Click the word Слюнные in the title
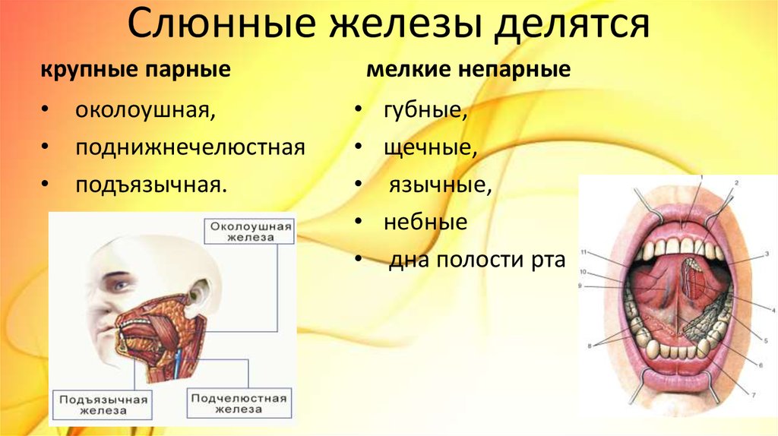(221, 24)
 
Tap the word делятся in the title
(572, 26)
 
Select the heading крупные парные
(135, 69)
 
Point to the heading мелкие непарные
(468, 69)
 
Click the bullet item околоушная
(145, 110)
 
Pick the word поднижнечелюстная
(190, 148)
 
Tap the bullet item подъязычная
(151, 185)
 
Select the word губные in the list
(425, 110)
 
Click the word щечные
(430, 148)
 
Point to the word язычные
(440, 185)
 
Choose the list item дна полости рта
(477, 260)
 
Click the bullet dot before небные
(359, 222)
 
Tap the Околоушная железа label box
(249, 232)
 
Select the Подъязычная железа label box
(103, 405)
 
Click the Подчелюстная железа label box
(239, 404)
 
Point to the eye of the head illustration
(121, 285)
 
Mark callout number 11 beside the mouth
(583, 252)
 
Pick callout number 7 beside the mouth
(753, 395)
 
